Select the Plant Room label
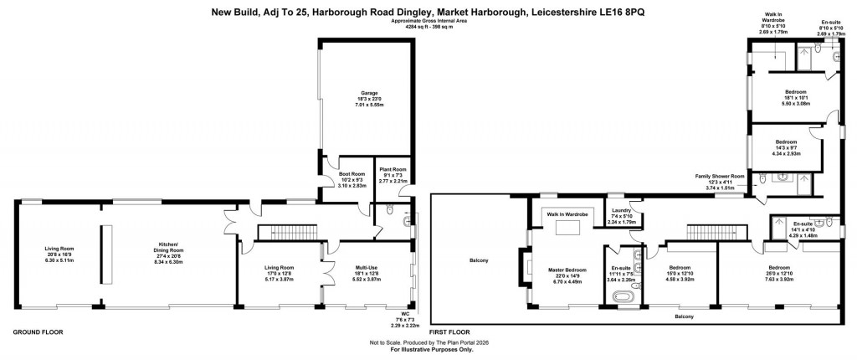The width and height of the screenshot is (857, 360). [391, 175]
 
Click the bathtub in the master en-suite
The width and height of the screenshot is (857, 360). [623, 296]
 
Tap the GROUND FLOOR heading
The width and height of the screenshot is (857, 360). [37, 332]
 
